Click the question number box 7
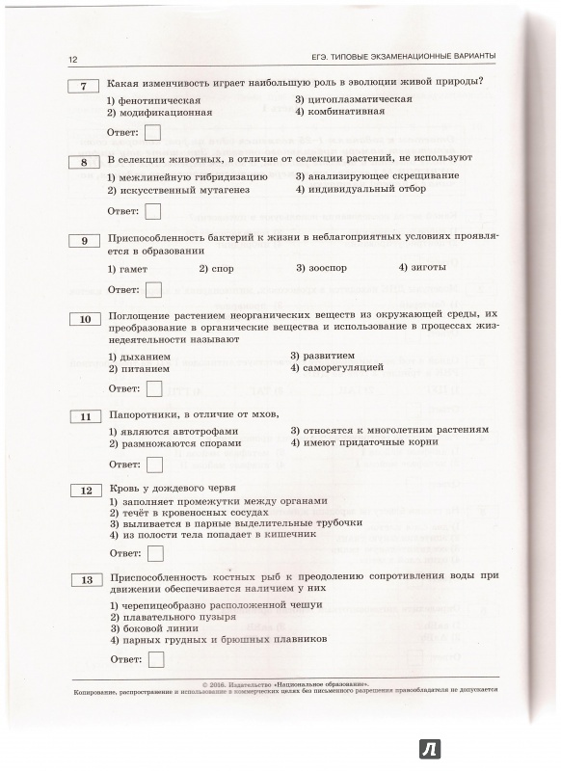tap(84, 87)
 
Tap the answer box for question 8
tap(152, 212)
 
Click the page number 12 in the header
tap(72, 58)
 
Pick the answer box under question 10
tap(152, 388)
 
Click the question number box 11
tap(84, 416)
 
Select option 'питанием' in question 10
tap(144, 367)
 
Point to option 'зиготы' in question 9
tap(420, 268)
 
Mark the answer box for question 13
tap(152, 660)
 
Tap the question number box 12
tap(84, 491)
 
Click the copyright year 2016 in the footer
tap(210, 682)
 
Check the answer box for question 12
tap(152, 554)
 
